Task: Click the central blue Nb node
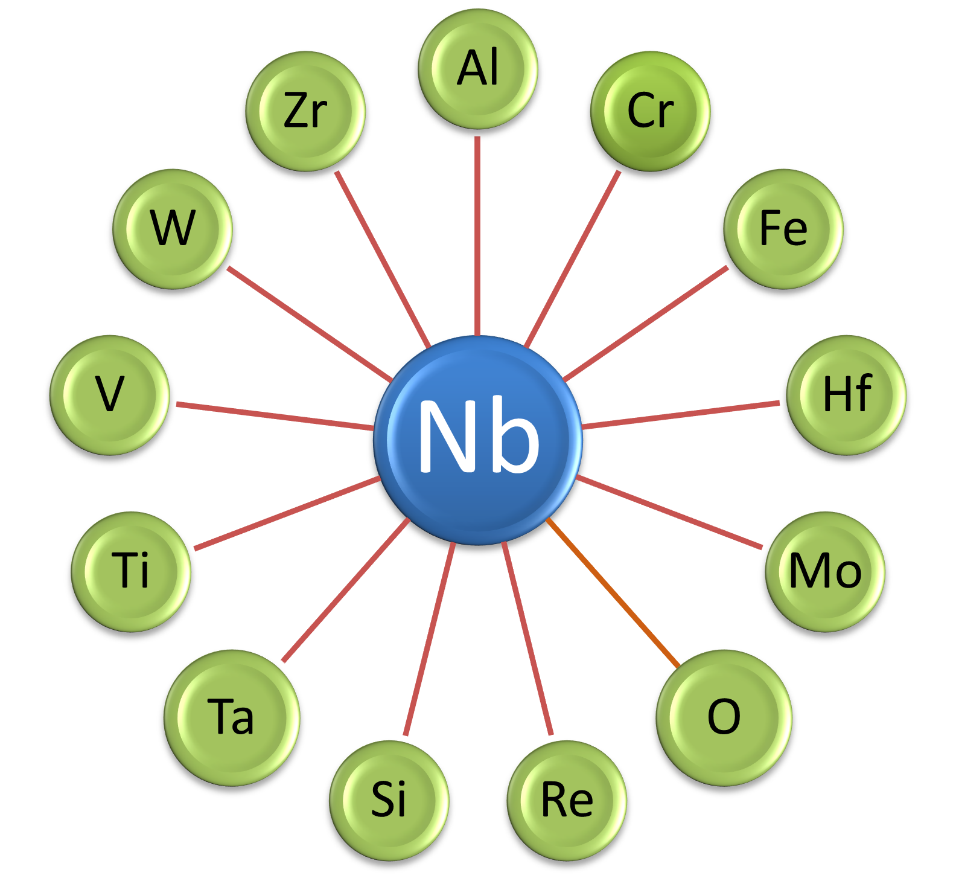pyautogui.click(x=478, y=440)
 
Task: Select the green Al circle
pyautogui.click(x=478, y=69)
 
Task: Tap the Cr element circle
pyautogui.click(x=650, y=111)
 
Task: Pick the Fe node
pyautogui.click(x=783, y=229)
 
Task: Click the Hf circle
pyautogui.click(x=846, y=394)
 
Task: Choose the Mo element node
pyautogui.click(x=825, y=571)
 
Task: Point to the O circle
pyautogui.click(x=724, y=717)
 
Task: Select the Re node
pyautogui.click(x=567, y=800)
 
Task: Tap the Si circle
pyautogui.click(x=389, y=800)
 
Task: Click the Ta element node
pyautogui.click(x=232, y=717)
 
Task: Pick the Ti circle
pyautogui.click(x=132, y=571)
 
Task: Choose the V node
pyautogui.click(x=110, y=394)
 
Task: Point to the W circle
pyautogui.click(x=173, y=229)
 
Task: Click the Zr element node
pyautogui.click(x=305, y=111)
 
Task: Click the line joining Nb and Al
pyautogui.click(x=477, y=235)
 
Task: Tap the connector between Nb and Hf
pyautogui.click(x=681, y=414)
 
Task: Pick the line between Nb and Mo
pyautogui.click(x=669, y=512)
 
